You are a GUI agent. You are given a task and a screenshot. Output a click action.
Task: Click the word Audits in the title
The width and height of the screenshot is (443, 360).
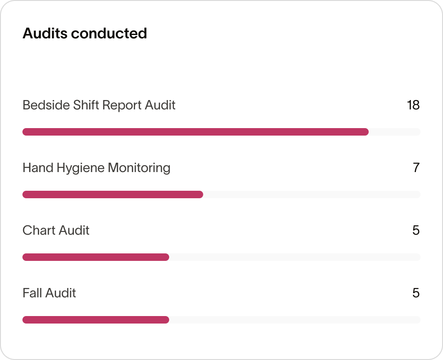44,34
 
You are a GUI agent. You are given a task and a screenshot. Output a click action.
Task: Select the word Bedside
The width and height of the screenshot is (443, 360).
46,105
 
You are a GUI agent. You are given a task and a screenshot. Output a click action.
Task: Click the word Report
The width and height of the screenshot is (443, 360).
122,105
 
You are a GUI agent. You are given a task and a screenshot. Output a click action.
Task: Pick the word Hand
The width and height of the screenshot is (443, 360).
38,168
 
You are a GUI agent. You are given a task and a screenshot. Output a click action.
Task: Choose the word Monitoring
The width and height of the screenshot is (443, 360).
139,168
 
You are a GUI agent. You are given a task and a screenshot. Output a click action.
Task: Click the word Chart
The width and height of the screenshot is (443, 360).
39,230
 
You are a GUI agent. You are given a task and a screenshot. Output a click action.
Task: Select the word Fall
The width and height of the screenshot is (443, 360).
31,293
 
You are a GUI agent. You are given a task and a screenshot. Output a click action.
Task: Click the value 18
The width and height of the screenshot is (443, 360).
413,105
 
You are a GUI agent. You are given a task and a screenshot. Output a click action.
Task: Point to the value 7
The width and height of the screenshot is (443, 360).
416,168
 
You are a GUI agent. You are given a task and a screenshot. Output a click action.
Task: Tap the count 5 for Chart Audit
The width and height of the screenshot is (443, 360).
416,230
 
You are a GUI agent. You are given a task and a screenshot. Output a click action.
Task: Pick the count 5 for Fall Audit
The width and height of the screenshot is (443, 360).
416,293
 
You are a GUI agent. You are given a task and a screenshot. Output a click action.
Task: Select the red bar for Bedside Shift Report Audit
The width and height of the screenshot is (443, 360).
195,132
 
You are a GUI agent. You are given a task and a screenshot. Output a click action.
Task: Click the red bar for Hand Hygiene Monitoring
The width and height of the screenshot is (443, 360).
113,194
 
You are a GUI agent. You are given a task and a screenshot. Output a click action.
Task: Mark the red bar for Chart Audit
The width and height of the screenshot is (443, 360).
96,257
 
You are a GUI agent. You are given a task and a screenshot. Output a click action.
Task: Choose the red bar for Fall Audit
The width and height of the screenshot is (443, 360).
96,320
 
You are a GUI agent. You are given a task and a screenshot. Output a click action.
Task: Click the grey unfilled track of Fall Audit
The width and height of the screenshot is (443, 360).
294,320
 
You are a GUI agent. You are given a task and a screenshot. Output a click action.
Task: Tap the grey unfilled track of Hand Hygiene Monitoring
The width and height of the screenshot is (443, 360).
312,194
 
